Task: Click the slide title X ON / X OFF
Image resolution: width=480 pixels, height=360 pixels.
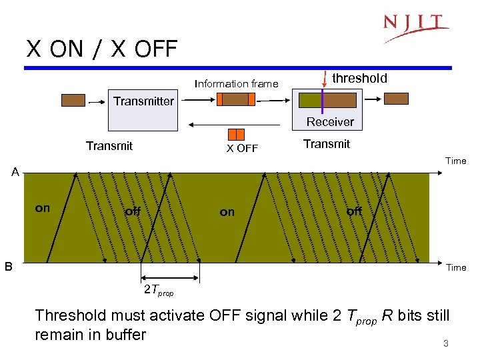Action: click(x=102, y=49)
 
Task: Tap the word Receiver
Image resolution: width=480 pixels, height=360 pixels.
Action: click(x=330, y=121)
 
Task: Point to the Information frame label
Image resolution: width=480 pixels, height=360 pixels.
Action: click(x=236, y=83)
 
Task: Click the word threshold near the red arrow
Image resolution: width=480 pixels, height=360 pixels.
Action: click(x=359, y=78)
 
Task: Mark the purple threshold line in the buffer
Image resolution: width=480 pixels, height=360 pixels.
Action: click(x=322, y=100)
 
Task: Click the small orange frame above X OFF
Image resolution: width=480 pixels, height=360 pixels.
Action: click(x=236, y=134)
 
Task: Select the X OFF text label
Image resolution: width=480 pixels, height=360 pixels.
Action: click(x=241, y=148)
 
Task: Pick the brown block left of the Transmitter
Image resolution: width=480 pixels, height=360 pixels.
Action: click(x=73, y=100)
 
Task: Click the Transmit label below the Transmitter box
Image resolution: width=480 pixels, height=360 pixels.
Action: click(x=109, y=145)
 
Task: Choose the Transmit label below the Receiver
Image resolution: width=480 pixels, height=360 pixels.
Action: click(x=326, y=144)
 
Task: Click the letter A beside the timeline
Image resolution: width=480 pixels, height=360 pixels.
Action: click(x=14, y=173)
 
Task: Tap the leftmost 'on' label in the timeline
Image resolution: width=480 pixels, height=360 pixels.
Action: click(x=42, y=208)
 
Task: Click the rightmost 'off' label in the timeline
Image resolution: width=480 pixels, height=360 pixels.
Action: click(x=354, y=211)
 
